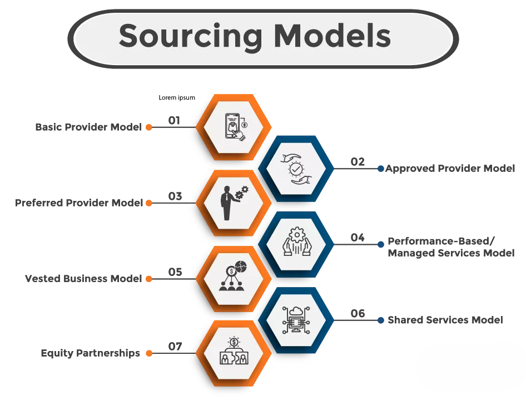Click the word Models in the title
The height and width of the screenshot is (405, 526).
click(333, 36)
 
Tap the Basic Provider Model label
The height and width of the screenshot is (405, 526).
click(88, 127)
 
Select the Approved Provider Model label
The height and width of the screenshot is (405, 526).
click(450, 168)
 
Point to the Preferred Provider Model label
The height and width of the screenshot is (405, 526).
click(79, 203)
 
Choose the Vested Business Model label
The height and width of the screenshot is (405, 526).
click(84, 279)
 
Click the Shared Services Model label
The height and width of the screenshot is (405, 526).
click(445, 320)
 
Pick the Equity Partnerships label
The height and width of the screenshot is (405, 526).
click(91, 353)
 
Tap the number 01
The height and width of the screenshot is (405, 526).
click(175, 120)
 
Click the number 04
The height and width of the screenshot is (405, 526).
click(358, 238)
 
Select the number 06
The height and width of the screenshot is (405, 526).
click(358, 314)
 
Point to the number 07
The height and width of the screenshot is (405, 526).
click(175, 347)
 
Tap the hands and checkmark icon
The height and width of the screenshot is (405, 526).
click(296, 167)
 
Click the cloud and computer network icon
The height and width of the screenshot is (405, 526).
click(296, 320)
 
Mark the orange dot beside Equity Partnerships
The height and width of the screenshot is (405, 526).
click(149, 353)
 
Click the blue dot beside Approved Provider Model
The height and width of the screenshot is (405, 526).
click(381, 168)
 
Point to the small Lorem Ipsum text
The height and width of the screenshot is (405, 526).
click(177, 98)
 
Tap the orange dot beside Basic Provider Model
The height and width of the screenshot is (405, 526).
click(149, 127)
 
